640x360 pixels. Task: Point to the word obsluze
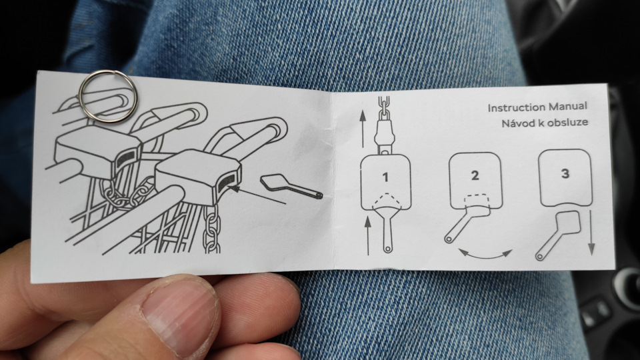tap(568, 122)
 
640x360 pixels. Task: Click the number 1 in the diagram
tap(385, 177)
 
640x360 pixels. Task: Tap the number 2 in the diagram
tap(475, 175)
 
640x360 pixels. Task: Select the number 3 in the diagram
tap(565, 173)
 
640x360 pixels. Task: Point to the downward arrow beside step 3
tap(591, 233)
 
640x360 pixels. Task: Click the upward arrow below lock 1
tap(368, 235)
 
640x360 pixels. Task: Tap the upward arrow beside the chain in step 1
tap(363, 129)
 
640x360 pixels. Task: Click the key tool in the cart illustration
tap(291, 187)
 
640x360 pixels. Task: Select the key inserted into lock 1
tap(386, 229)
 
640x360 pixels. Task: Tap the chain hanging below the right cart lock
tap(212, 228)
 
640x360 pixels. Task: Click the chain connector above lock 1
tap(384, 134)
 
